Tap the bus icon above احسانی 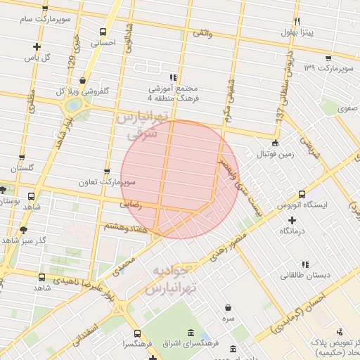tap(103, 32)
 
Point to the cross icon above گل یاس tap(37, 47)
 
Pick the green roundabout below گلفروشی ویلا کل tap(73, 106)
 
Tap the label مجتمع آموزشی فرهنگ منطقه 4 tap(173, 89)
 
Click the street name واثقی tap(201, 32)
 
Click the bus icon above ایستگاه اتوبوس tap(302, 194)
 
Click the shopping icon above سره tap(229, 307)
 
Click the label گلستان tap(22, 169)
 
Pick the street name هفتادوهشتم tap(125, 228)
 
